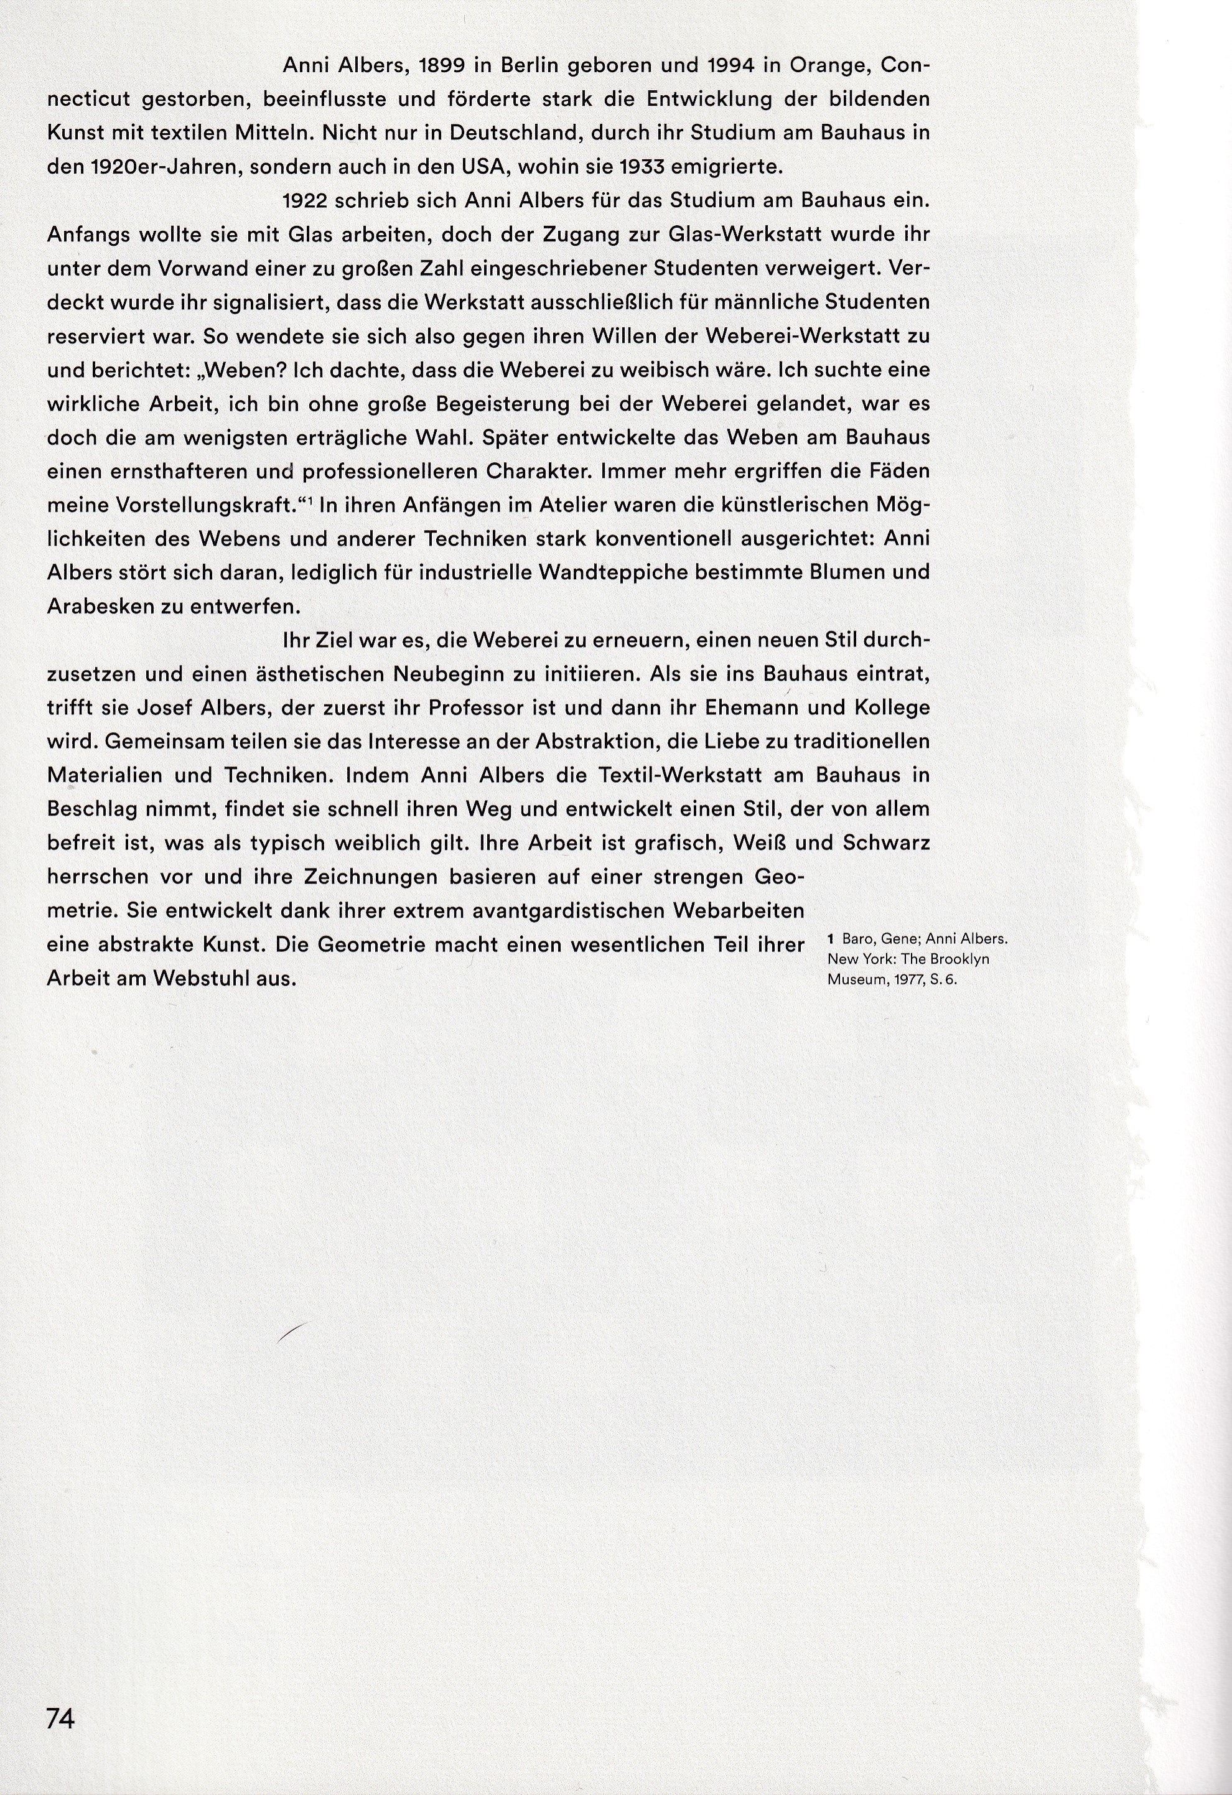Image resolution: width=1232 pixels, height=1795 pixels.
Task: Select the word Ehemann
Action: click(743, 707)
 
